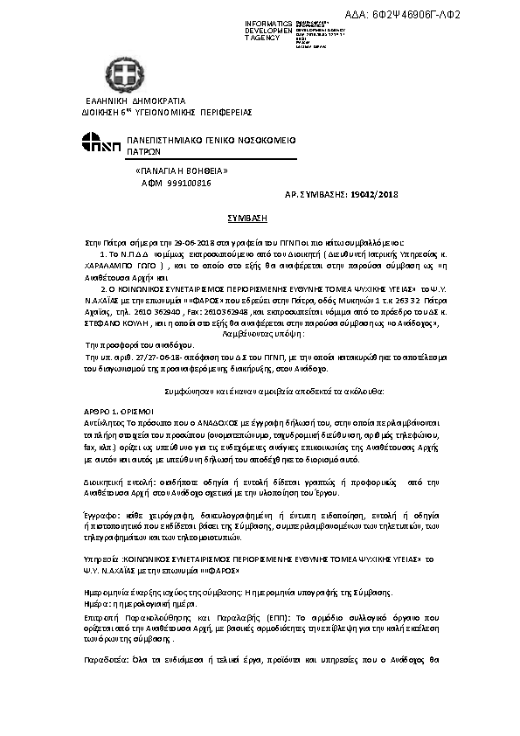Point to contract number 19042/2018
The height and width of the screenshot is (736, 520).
(x=372, y=195)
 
